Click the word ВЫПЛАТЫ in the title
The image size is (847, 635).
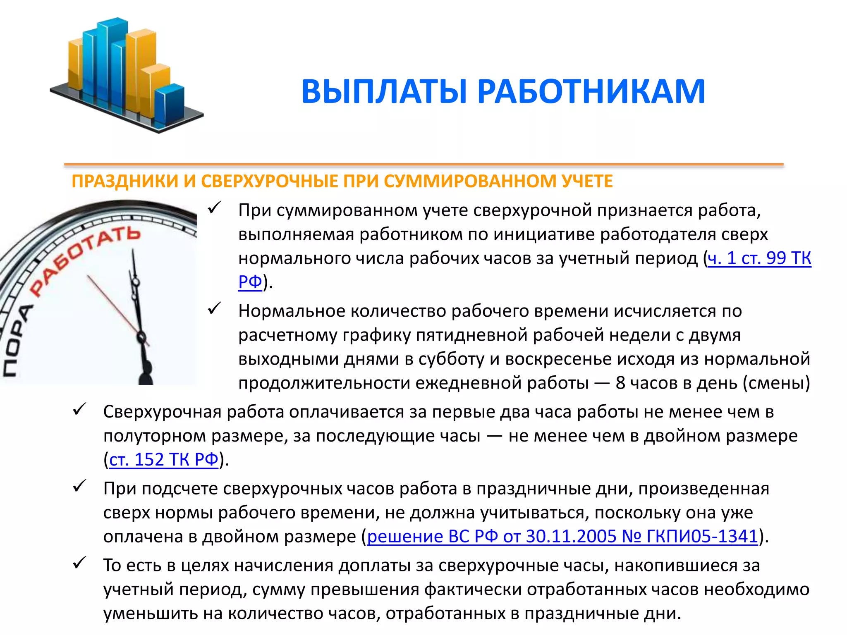coord(385,92)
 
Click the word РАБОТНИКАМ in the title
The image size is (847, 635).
coord(591,92)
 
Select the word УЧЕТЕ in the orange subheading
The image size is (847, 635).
coord(587,181)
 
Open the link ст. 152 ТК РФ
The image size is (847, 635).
coord(164,460)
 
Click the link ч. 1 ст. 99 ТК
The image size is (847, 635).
coord(759,258)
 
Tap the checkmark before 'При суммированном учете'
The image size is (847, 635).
coord(215,208)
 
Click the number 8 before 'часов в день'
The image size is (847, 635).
coord(620,383)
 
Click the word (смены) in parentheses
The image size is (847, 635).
coord(776,383)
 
